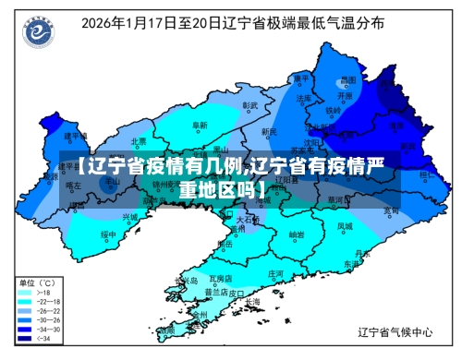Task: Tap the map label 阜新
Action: (200, 125)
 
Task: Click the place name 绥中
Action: (108, 234)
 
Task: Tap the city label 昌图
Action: (346, 79)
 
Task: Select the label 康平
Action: (298, 79)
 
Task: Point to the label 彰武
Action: (249, 105)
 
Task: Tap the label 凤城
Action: (344, 225)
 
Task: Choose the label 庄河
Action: (275, 274)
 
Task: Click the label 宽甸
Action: (391, 210)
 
